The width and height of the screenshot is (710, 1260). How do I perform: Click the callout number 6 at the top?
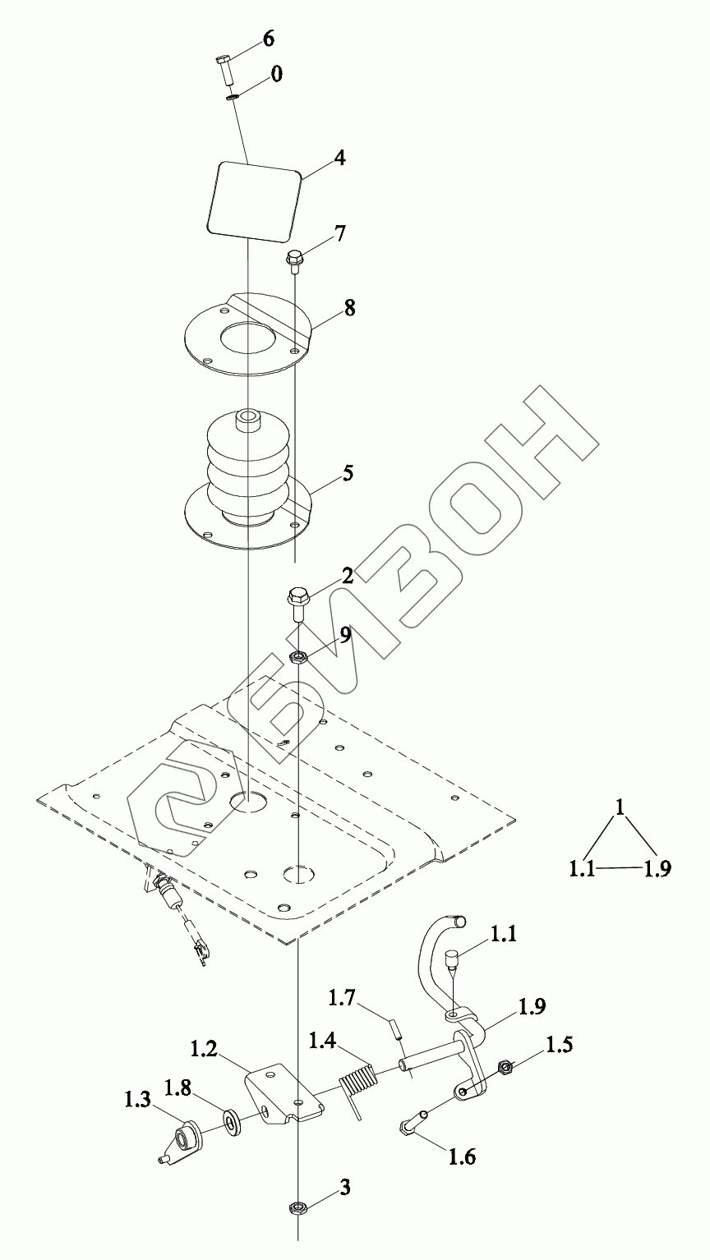(269, 38)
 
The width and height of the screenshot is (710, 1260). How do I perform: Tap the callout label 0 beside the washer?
(276, 74)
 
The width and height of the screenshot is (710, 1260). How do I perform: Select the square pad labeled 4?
(252, 200)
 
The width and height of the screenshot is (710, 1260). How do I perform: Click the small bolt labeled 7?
(295, 260)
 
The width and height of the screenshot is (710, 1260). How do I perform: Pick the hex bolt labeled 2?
(297, 603)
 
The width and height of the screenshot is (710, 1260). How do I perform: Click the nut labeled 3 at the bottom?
(297, 1207)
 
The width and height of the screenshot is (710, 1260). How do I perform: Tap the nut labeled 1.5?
(505, 1068)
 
